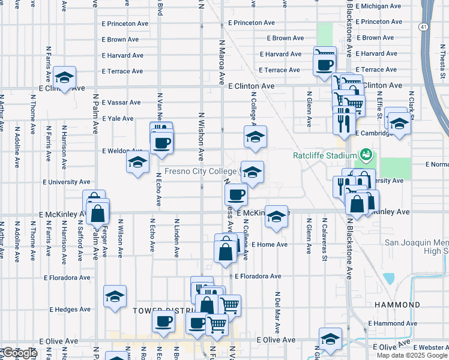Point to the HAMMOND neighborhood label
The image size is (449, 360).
(397, 305)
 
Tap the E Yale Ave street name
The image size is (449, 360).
(118, 119)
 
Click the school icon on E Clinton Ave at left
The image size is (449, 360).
(64, 77)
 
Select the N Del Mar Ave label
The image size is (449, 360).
(278, 313)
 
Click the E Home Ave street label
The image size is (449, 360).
(270, 245)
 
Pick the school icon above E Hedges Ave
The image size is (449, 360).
(115, 296)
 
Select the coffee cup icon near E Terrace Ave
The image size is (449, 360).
(325, 64)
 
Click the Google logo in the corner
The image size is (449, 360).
(20, 353)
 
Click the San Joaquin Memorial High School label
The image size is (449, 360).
(416, 247)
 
